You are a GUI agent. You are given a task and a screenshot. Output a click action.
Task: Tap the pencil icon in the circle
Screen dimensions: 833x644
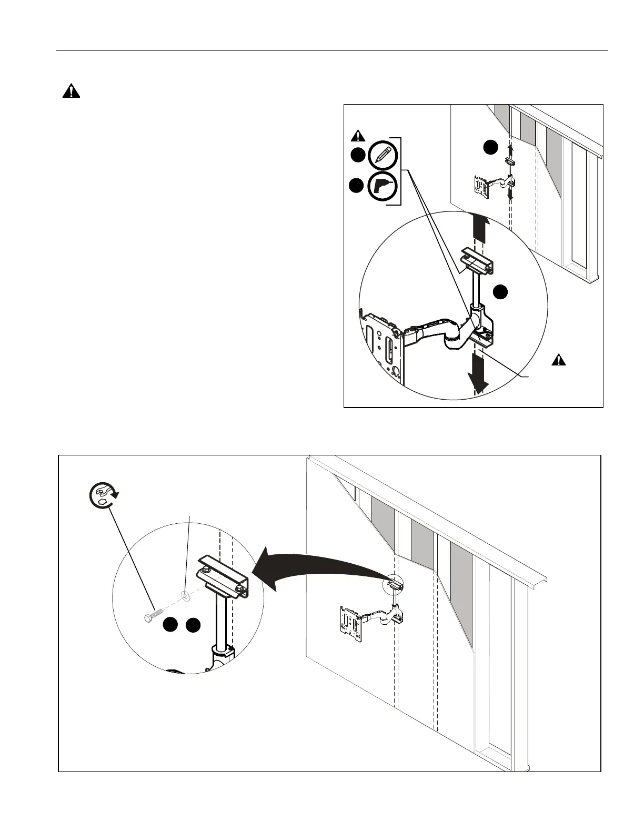point(383,155)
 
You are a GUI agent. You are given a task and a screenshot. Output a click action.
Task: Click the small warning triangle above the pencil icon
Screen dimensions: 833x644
point(358,136)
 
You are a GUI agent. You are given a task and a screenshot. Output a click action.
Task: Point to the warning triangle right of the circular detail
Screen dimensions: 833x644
point(559,360)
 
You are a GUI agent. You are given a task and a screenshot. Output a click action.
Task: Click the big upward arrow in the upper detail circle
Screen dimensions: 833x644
point(478,229)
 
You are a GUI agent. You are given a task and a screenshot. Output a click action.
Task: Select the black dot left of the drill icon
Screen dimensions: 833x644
point(357,186)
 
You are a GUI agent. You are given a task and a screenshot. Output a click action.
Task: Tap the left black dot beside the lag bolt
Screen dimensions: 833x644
point(169,625)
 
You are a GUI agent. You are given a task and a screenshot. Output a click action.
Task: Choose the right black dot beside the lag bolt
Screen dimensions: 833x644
point(194,625)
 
